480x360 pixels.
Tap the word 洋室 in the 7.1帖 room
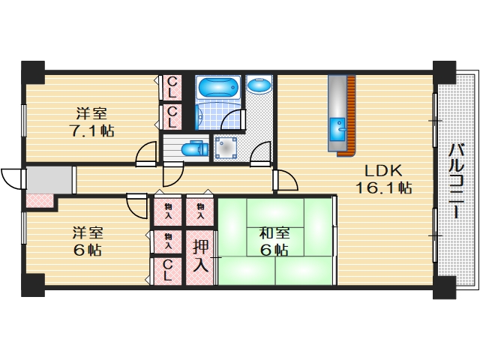[90, 114]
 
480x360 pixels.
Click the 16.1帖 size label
[384, 187]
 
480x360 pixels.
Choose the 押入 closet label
[200, 255]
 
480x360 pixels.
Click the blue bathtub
[217, 87]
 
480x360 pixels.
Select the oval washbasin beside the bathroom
[259, 85]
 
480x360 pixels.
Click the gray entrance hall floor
[50, 180]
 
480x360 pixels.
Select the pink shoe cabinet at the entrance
[39, 202]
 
